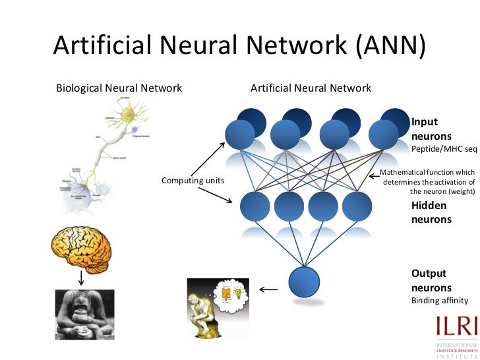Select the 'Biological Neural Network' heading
pos(119,88)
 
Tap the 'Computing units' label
pos(193,180)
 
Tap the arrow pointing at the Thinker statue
pos(268,289)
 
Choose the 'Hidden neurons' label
pos(431,212)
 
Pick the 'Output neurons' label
pos(431,280)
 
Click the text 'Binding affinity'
pos(439,301)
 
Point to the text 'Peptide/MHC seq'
pos(444,149)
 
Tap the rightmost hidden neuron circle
pos(357,206)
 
